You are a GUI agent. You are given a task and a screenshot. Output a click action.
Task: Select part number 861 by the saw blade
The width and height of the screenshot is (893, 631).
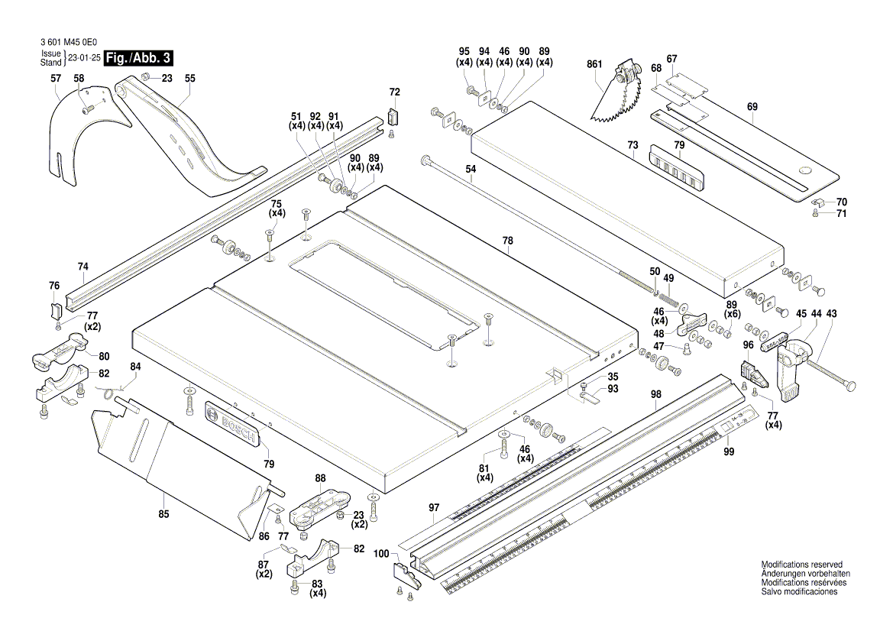pyautogui.click(x=595, y=66)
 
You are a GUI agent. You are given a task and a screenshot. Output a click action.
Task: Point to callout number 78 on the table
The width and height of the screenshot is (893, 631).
pyautogui.click(x=507, y=240)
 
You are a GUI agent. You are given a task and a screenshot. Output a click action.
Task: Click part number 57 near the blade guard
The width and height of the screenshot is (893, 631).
pyautogui.click(x=56, y=79)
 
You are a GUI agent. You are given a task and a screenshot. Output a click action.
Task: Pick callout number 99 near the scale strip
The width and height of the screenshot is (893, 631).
pyautogui.click(x=729, y=452)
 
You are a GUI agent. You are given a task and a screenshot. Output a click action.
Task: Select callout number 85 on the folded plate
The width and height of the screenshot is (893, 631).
pyautogui.click(x=163, y=514)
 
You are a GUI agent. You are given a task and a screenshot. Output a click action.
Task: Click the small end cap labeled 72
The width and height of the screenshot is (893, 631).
pyautogui.click(x=393, y=116)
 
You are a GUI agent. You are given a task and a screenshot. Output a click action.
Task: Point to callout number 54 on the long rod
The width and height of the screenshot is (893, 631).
pyautogui.click(x=471, y=169)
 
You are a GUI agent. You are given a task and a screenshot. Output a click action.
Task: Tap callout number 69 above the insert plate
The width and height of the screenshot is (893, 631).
pyautogui.click(x=752, y=108)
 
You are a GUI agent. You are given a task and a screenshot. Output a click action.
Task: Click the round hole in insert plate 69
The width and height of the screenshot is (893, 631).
pyautogui.click(x=805, y=170)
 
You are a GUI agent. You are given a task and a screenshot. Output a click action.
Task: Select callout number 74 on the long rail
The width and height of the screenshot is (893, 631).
pyautogui.click(x=83, y=267)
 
